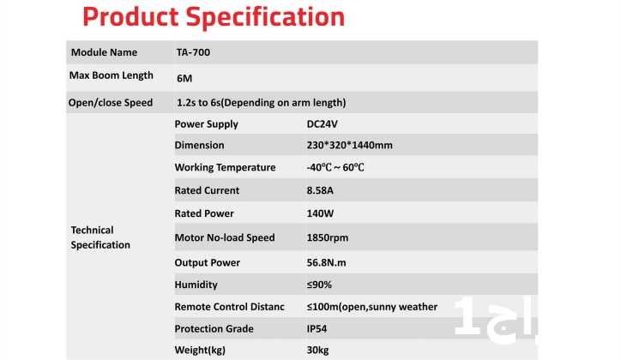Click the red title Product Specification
click(x=214, y=17)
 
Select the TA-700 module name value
click(x=193, y=52)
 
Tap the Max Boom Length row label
click(x=112, y=75)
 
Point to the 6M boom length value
click(x=184, y=78)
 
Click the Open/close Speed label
click(x=111, y=103)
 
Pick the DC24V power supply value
click(x=322, y=124)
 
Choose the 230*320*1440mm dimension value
click(x=350, y=145)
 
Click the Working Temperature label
click(x=225, y=168)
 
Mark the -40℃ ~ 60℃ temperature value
click(x=335, y=168)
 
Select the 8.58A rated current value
click(x=320, y=190)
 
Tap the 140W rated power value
click(x=320, y=213)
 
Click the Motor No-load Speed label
click(x=225, y=237)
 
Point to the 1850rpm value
click(x=328, y=238)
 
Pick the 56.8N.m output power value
click(x=326, y=262)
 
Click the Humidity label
click(x=196, y=285)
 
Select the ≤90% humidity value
click(x=319, y=285)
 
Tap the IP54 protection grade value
click(x=317, y=329)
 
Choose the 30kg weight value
click(x=317, y=351)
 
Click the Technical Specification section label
click(x=100, y=237)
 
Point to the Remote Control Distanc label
click(x=229, y=307)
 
